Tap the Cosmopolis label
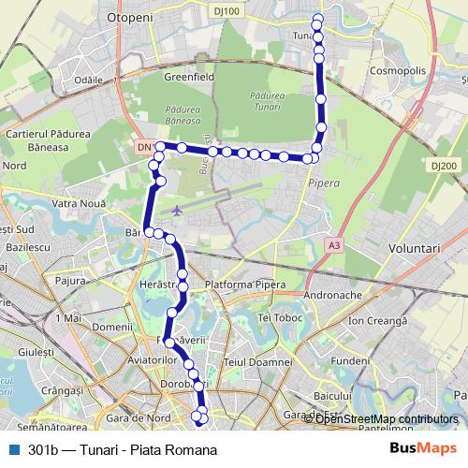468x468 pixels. (x=397, y=70)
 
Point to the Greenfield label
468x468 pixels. (x=189, y=78)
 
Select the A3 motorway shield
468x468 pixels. (x=334, y=245)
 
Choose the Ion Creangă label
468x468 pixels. (x=375, y=321)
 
